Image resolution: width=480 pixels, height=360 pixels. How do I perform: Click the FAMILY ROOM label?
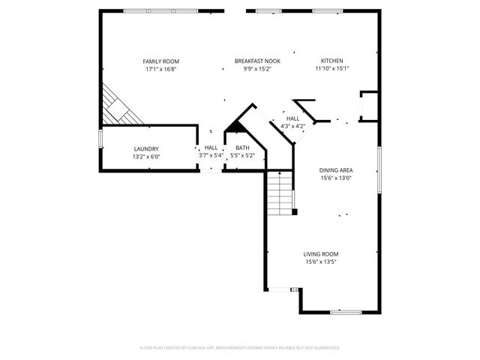coord(161,61)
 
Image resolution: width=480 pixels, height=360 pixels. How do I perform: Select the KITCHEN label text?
coord(332,61)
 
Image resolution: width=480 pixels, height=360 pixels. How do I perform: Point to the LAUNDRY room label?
coord(147,148)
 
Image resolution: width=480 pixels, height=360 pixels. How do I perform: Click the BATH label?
coord(242,148)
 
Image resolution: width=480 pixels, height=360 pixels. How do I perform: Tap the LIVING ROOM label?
coord(320,254)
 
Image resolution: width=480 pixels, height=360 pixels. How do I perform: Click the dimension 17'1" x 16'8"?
coord(161,69)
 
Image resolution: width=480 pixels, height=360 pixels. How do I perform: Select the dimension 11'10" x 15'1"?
coord(332,69)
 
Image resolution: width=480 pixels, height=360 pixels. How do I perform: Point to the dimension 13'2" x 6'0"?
coord(147,156)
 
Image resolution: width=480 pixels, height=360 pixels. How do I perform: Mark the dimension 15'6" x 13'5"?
coord(320,262)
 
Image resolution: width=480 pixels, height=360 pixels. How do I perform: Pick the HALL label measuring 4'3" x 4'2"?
coord(292,118)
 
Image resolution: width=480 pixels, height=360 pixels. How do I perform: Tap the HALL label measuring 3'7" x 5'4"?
coord(211,148)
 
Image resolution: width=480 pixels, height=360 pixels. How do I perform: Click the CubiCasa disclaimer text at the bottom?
coord(240,348)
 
